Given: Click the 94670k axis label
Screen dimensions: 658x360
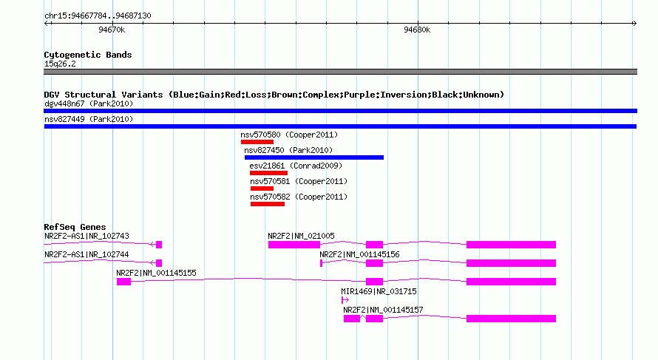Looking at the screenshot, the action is tap(112, 30).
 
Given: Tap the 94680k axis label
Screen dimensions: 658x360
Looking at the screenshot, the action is tap(417, 30).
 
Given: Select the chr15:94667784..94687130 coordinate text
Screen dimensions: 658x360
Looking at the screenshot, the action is tap(98, 16).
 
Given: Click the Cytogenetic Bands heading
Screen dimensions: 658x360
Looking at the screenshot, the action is tap(88, 55).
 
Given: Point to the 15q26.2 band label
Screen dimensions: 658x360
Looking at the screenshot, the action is tap(60, 64).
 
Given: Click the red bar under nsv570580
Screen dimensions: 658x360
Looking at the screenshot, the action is tap(257, 142).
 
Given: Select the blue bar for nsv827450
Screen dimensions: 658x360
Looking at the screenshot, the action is tap(314, 157).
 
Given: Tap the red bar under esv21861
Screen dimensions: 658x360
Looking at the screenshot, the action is tap(268, 173).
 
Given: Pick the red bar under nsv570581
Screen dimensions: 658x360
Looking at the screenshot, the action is tap(262, 189).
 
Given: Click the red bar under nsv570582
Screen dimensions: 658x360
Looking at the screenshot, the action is tap(268, 204).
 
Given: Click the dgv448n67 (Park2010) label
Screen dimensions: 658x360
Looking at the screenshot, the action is tap(89, 103).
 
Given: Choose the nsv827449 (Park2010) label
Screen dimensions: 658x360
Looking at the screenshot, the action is tap(89, 119).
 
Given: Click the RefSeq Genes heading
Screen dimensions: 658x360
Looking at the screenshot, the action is tap(75, 227).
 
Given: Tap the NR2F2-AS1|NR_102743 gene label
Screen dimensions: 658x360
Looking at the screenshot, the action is tap(87, 237).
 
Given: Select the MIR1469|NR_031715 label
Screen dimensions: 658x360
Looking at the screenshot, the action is tap(379, 291).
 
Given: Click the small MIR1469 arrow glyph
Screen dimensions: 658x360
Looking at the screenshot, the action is tap(345, 300).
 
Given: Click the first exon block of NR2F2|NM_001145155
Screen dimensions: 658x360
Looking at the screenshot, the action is tap(123, 282).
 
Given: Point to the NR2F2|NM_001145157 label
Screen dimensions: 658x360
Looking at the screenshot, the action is tap(383, 310).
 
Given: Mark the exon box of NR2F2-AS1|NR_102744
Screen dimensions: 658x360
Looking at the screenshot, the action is tap(159, 263).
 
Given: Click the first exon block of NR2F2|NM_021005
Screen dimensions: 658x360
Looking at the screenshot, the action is tap(294, 245).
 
